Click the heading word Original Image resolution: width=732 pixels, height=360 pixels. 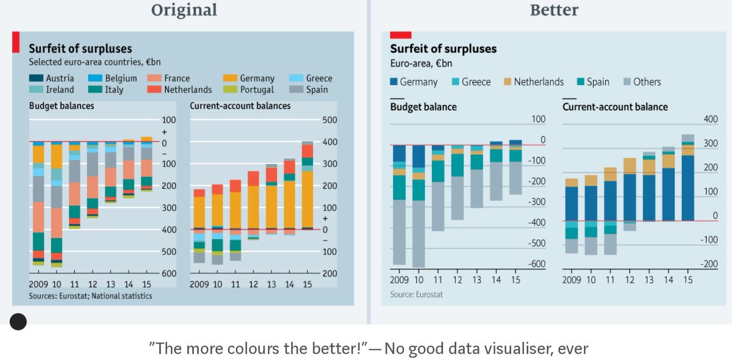(184, 10)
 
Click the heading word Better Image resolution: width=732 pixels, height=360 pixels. (554, 10)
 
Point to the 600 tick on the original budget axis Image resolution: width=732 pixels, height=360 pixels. (168, 273)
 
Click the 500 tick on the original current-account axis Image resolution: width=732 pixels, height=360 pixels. (329, 120)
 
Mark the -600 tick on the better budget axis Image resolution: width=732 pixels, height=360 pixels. (537, 264)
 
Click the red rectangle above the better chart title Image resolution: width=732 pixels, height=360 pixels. (400, 35)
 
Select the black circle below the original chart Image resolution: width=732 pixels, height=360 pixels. (18, 322)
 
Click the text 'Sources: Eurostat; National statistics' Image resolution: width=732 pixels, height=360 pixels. (90, 296)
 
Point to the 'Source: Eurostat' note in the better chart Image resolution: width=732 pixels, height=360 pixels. (416, 295)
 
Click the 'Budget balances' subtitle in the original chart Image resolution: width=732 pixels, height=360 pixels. (62, 106)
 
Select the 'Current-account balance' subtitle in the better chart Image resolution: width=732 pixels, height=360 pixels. (615, 107)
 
